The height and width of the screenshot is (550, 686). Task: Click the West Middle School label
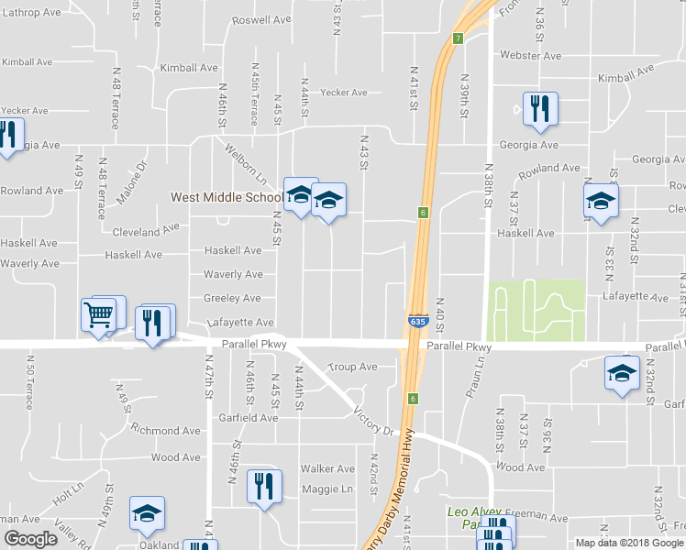pyautogui.click(x=227, y=197)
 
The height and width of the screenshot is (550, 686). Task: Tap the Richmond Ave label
pyautogui.click(x=165, y=430)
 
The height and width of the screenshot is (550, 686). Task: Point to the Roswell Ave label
pyautogui.click(x=261, y=19)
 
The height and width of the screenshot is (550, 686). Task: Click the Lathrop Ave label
pyautogui.click(x=32, y=10)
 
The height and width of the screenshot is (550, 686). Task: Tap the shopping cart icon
pyautogui.click(x=99, y=315)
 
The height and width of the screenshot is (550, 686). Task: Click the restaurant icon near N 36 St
pyautogui.click(x=538, y=108)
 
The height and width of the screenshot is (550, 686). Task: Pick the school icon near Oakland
pyautogui.click(x=147, y=516)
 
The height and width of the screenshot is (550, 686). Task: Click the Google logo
pyautogui.click(x=30, y=539)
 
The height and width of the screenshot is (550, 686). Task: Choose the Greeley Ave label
pyautogui.click(x=233, y=298)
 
